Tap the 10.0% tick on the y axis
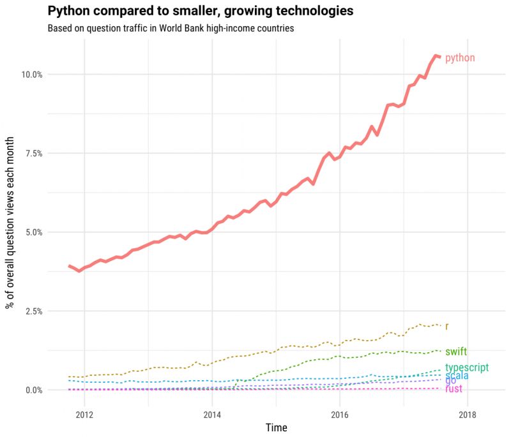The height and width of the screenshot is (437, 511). (x=31, y=74)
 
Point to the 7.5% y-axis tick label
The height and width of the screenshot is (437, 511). (x=33, y=153)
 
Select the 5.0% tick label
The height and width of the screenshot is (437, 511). (x=33, y=232)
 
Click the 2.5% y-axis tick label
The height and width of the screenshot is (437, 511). (x=33, y=311)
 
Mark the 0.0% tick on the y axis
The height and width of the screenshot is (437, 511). (x=33, y=390)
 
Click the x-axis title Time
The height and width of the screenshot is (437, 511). (x=276, y=427)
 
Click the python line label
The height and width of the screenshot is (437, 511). (x=460, y=58)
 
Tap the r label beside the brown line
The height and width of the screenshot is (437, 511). (x=446, y=327)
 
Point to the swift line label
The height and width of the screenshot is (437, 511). (x=456, y=352)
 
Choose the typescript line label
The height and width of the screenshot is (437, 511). (x=467, y=367)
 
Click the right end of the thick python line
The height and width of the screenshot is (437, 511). (x=439, y=57)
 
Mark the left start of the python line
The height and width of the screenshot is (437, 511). (x=69, y=265)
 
